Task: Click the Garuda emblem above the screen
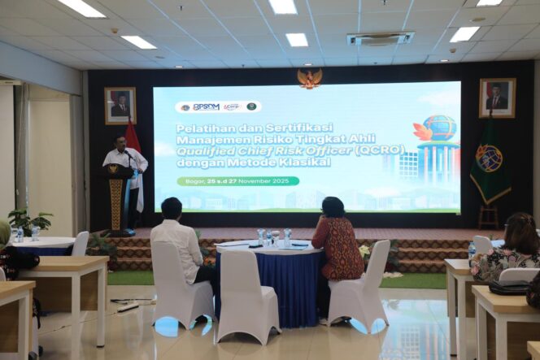309,78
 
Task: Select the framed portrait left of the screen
120,105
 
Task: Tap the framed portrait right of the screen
497,98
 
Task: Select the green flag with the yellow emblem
490,163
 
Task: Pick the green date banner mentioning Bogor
237,181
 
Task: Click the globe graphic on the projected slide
439,128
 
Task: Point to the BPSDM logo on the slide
205,106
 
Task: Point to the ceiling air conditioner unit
380,38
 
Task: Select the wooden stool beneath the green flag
488,215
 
